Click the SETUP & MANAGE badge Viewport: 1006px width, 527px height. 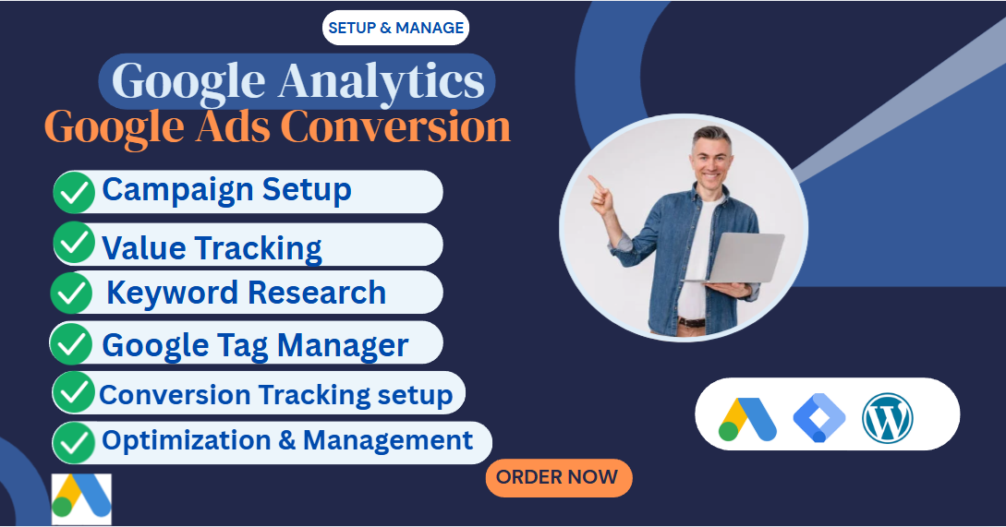point(395,28)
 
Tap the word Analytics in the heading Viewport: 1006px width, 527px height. point(382,82)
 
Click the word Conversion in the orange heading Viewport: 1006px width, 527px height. point(395,126)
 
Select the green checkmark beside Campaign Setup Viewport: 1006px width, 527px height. point(74,192)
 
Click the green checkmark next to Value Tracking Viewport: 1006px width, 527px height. point(74,244)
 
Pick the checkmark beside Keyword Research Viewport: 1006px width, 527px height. point(71,293)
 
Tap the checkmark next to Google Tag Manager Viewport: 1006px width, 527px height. point(71,343)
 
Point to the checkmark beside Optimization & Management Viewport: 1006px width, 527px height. point(74,442)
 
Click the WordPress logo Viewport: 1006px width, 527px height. point(887,417)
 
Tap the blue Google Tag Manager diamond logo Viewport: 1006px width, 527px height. point(818,417)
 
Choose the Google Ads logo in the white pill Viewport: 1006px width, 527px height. point(746,418)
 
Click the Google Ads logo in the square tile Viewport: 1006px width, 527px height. point(81,499)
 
